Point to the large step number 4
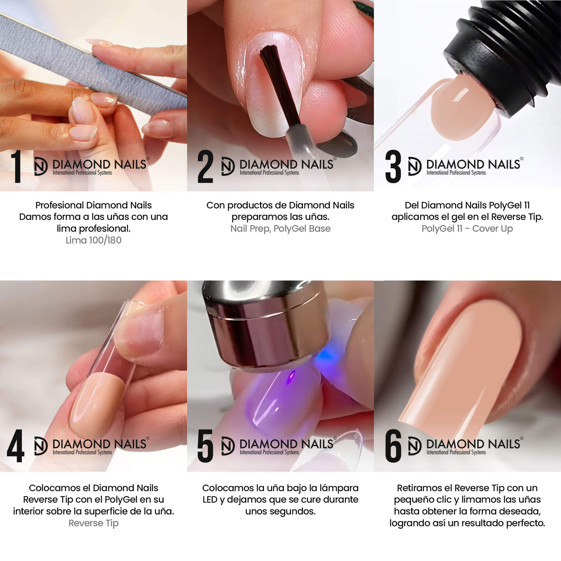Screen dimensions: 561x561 point(15,446)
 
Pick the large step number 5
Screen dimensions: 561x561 point(205,446)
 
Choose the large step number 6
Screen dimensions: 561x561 point(393,446)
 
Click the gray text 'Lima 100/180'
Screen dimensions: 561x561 point(93,240)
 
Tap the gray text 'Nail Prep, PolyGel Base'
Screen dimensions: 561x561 point(280,229)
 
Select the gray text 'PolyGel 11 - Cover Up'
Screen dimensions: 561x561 point(467,229)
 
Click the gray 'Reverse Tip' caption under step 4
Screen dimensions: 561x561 point(93,523)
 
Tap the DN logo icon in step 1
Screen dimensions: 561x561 point(41,166)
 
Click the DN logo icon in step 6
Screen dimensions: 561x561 point(415,446)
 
